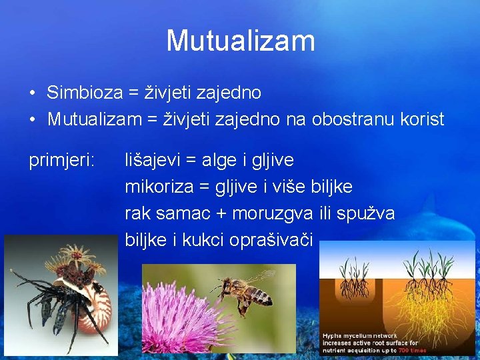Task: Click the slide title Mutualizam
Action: click(240, 41)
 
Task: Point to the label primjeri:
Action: click(61, 160)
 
